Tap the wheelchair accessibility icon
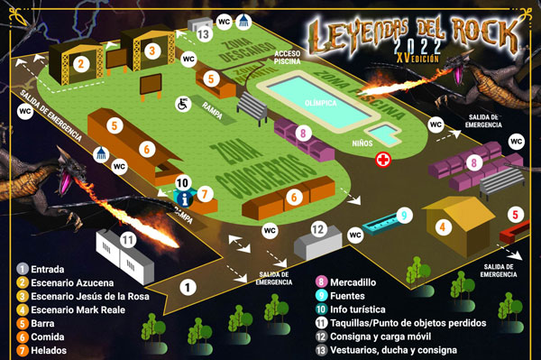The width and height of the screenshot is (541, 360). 181,104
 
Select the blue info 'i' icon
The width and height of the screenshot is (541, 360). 184,198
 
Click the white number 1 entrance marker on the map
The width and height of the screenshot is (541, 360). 187,288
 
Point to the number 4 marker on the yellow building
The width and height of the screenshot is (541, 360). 443,227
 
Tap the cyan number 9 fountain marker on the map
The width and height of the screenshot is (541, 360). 405,216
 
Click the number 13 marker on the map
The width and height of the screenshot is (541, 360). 203,34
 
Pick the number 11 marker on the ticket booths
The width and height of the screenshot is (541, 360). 128,240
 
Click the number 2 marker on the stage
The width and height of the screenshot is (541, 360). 81,63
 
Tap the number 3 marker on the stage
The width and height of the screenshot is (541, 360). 152,51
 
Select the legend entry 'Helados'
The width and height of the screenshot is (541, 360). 53,349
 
